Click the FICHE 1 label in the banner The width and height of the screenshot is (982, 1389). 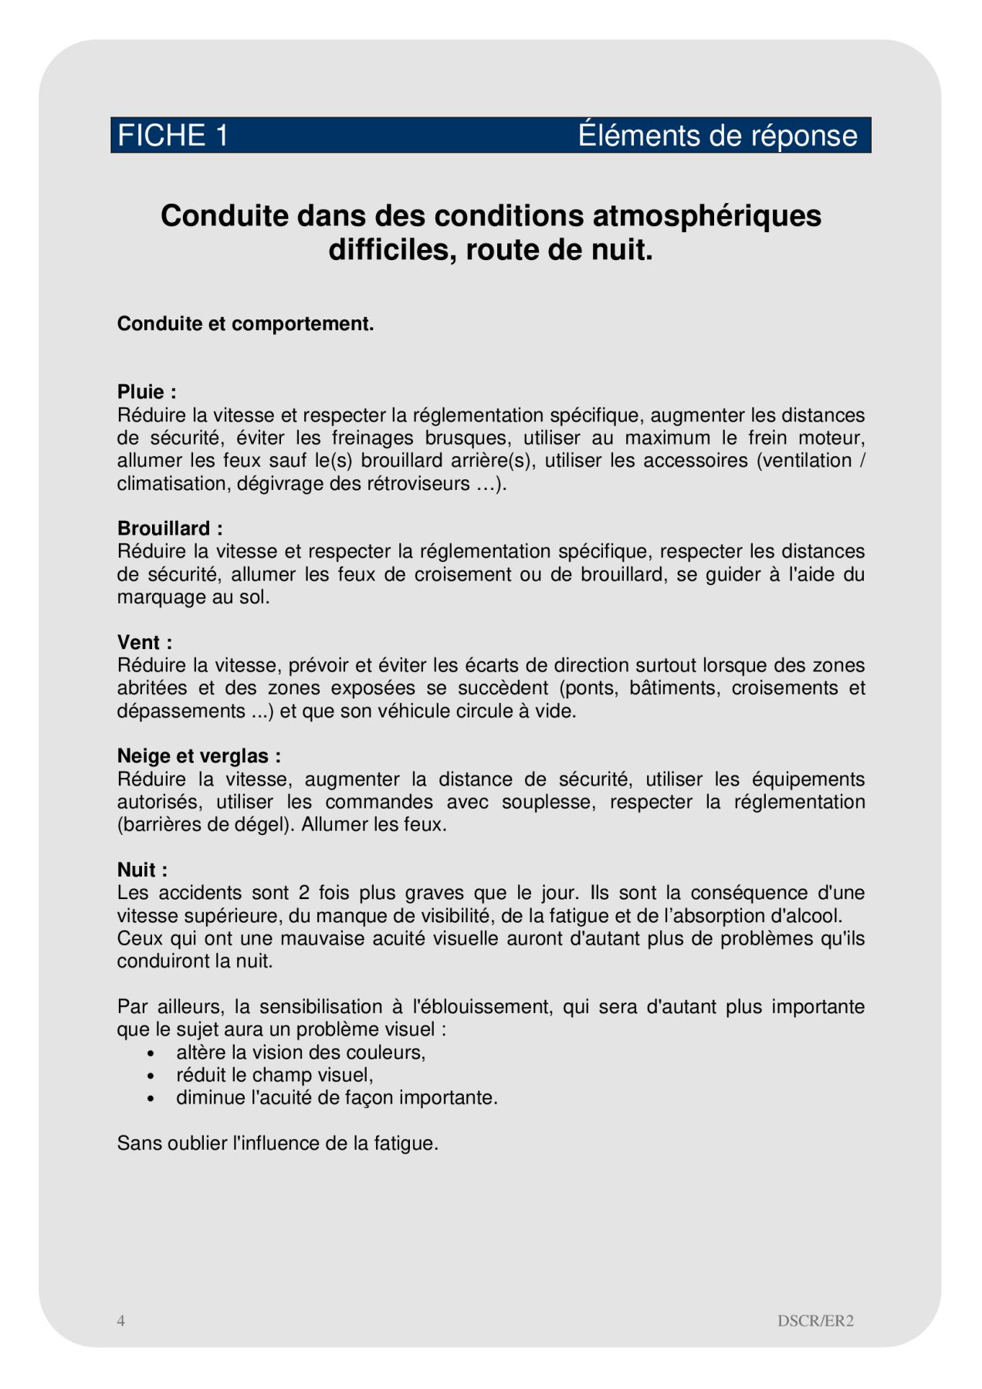coord(173,136)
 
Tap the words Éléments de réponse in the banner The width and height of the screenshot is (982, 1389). coord(717,136)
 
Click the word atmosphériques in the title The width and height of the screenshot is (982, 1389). coord(706,216)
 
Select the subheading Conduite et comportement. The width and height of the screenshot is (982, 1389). coord(245,324)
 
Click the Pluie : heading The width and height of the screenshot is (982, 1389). coord(147,392)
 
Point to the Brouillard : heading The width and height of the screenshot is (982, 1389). coord(170,529)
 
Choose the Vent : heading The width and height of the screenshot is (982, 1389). coord(144,642)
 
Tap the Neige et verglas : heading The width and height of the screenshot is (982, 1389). coord(198,756)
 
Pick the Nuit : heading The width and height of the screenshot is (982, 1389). coord(142,870)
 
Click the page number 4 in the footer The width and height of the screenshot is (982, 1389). coord(121,1320)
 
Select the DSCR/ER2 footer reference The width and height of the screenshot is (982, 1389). coord(815,1320)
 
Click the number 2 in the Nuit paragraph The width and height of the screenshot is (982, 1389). coord(304,893)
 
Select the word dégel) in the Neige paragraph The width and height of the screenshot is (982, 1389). coord(265,824)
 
